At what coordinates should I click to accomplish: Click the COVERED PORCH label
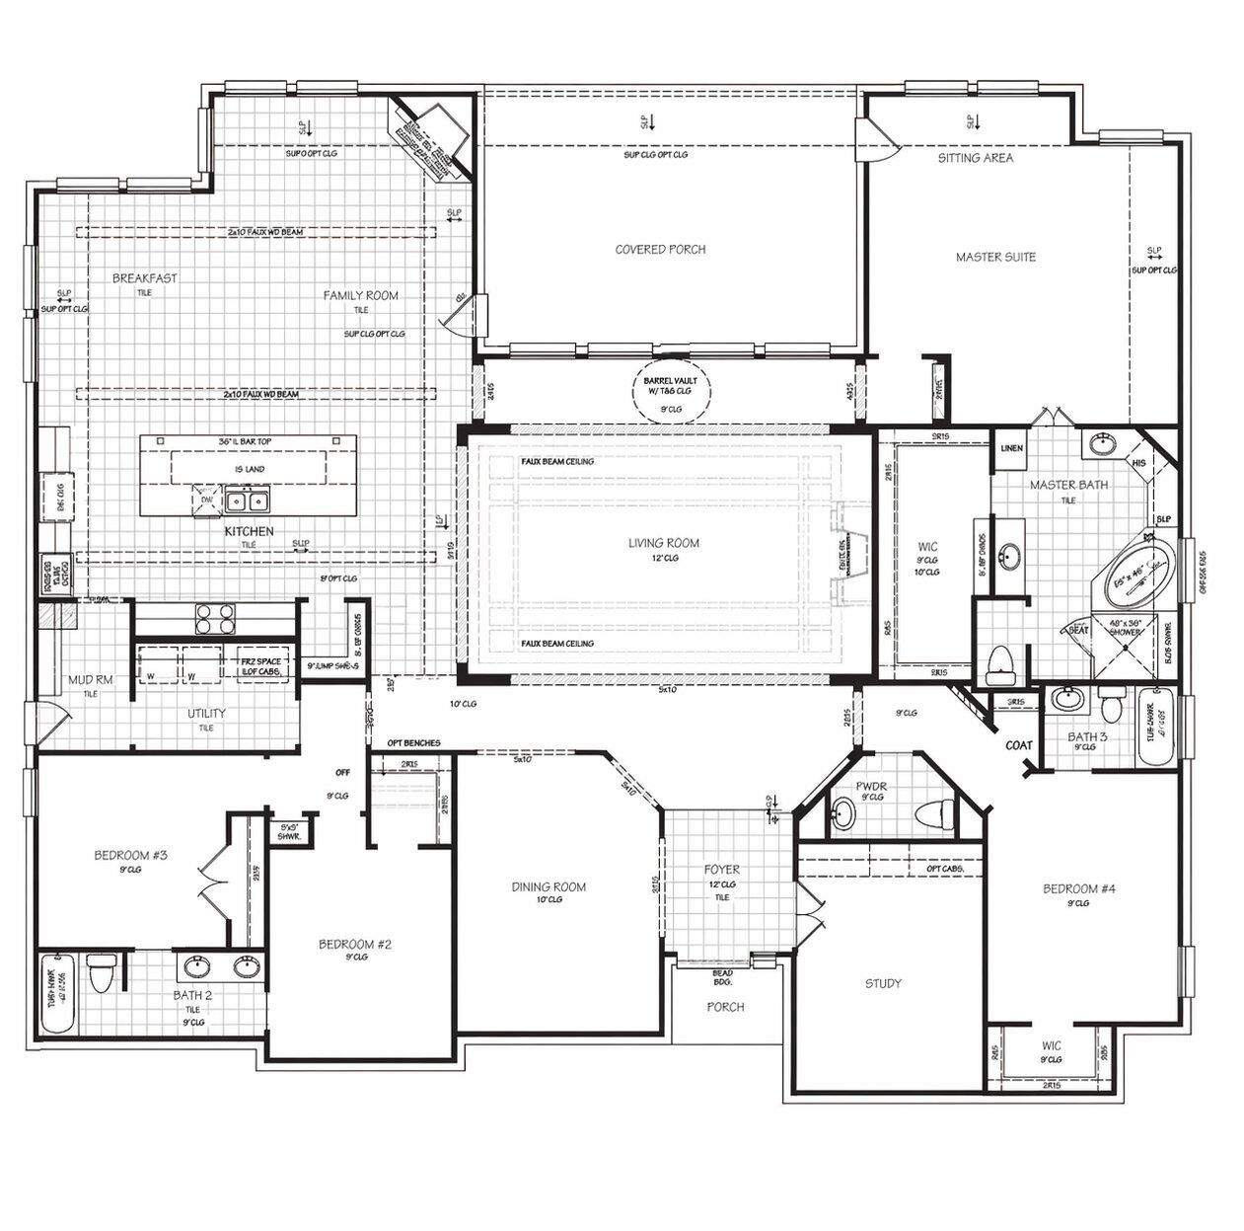click(x=660, y=250)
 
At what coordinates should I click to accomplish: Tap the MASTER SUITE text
click(x=995, y=258)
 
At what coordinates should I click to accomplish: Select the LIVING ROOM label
click(x=664, y=543)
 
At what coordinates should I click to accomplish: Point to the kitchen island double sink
click(x=247, y=501)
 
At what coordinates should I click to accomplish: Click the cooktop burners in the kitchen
click(x=214, y=618)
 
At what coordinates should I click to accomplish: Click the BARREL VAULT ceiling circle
click(x=670, y=393)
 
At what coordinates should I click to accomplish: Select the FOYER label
click(x=721, y=870)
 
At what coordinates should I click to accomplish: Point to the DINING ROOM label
click(x=549, y=886)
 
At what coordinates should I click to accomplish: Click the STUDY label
click(x=883, y=983)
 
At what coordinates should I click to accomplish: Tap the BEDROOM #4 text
click(x=1079, y=888)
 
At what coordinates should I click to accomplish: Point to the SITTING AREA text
click(x=975, y=158)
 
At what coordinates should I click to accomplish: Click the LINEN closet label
click(x=1011, y=448)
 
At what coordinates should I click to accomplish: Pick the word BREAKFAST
click(x=145, y=278)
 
